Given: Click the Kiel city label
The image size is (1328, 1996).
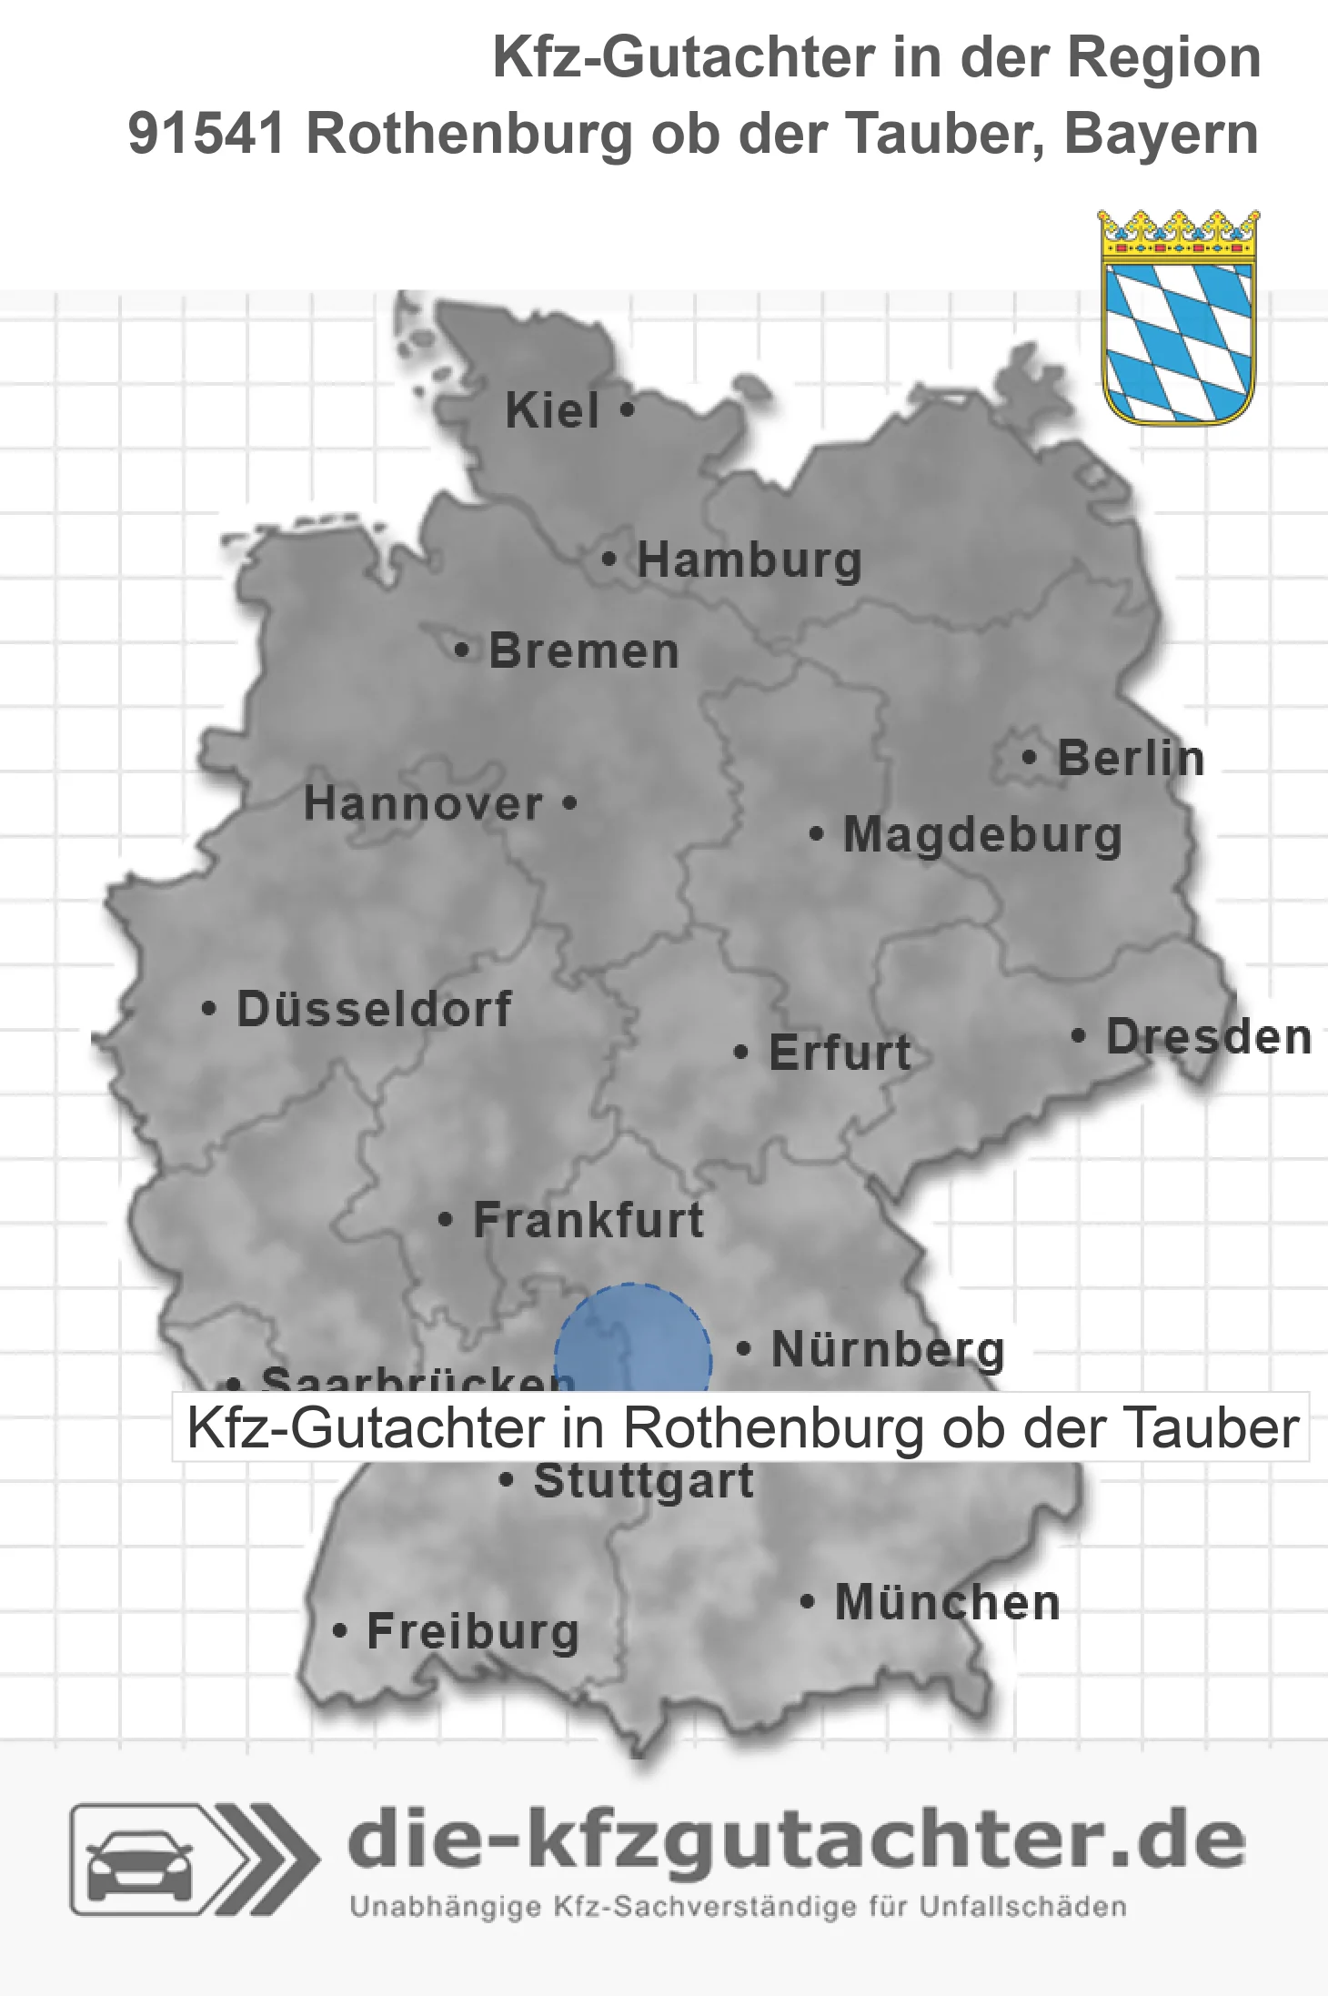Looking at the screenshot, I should click(552, 411).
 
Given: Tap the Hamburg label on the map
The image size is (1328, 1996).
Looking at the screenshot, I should click(749, 560).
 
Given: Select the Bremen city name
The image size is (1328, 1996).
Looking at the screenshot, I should click(584, 652).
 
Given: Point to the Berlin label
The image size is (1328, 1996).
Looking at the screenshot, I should click(1131, 759).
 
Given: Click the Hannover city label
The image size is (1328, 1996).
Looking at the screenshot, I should click(423, 804).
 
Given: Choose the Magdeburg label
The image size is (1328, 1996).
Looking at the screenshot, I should click(982, 835).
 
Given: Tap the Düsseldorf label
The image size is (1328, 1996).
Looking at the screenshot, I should click(374, 1010).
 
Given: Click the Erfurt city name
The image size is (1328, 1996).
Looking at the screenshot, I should click(840, 1053).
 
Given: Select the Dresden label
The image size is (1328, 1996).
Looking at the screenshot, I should click(1209, 1037).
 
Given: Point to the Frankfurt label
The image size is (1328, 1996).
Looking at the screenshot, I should click(589, 1220).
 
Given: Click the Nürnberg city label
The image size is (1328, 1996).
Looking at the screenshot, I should click(888, 1350).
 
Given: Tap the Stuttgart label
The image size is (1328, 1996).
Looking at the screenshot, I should click(643, 1481).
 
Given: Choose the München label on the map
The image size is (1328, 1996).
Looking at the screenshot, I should click(948, 1602).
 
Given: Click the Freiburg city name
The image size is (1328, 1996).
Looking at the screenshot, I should click(473, 1632).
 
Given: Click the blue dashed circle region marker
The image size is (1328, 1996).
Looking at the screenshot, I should click(633, 1342).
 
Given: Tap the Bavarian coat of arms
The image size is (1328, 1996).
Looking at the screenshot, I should click(1179, 318).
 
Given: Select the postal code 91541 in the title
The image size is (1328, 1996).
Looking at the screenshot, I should click(206, 135).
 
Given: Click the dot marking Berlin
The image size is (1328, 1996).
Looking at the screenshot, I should click(1029, 758).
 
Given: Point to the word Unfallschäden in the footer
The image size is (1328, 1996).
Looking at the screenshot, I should click(1022, 1907).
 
